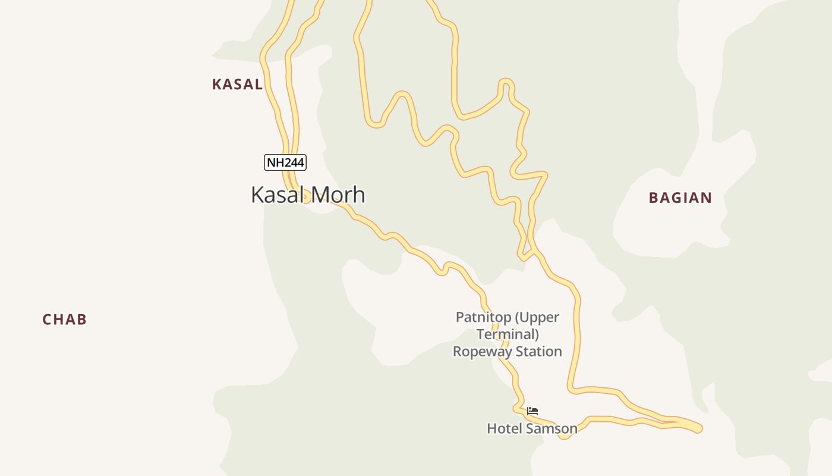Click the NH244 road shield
(x=285, y=162)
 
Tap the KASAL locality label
(x=237, y=84)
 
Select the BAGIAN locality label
(x=680, y=198)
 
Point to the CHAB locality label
(x=65, y=320)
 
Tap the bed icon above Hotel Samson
(x=532, y=411)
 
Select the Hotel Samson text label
(x=532, y=428)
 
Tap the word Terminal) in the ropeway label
(x=508, y=334)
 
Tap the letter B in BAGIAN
(x=653, y=198)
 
